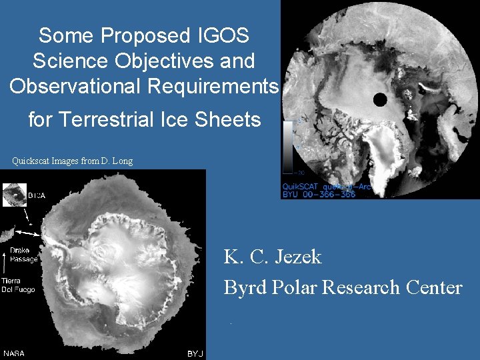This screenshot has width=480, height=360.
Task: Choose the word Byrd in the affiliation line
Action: (x=244, y=287)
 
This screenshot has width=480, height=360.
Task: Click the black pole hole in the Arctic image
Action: (x=380, y=100)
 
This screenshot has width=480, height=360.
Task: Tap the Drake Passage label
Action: (x=23, y=255)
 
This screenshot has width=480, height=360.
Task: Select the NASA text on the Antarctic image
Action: (x=14, y=353)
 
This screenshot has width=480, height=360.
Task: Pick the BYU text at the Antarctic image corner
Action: (x=195, y=353)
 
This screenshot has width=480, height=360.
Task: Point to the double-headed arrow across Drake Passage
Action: (x=29, y=231)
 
